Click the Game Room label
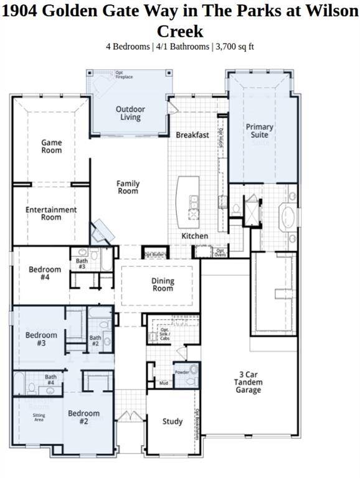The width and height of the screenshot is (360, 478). pyautogui.click(x=52, y=146)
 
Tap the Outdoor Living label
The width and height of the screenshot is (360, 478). pyautogui.click(x=130, y=113)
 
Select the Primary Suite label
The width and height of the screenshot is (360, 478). pyautogui.click(x=259, y=131)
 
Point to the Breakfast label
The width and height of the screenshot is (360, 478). pyautogui.click(x=192, y=135)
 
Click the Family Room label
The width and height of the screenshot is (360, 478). pyautogui.click(x=128, y=187)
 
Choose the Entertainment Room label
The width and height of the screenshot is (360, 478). pyautogui.click(x=51, y=213)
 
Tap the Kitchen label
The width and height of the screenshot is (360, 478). pyautogui.click(x=194, y=237)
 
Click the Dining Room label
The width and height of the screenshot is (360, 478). pyautogui.click(x=163, y=285)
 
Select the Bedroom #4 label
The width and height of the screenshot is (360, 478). pyautogui.click(x=45, y=273)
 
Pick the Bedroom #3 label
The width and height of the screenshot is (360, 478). pyautogui.click(x=41, y=339)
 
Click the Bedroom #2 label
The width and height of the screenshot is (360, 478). pyautogui.click(x=83, y=417)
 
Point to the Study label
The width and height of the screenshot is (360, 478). pyautogui.click(x=173, y=421)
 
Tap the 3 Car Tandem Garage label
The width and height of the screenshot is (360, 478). pyautogui.click(x=249, y=382)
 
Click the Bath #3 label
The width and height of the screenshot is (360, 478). pyautogui.click(x=82, y=263)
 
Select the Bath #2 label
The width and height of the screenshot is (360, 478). pyautogui.click(x=95, y=341)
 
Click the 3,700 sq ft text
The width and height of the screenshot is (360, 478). pyautogui.click(x=234, y=46)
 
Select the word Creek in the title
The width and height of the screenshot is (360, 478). pyautogui.click(x=179, y=31)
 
